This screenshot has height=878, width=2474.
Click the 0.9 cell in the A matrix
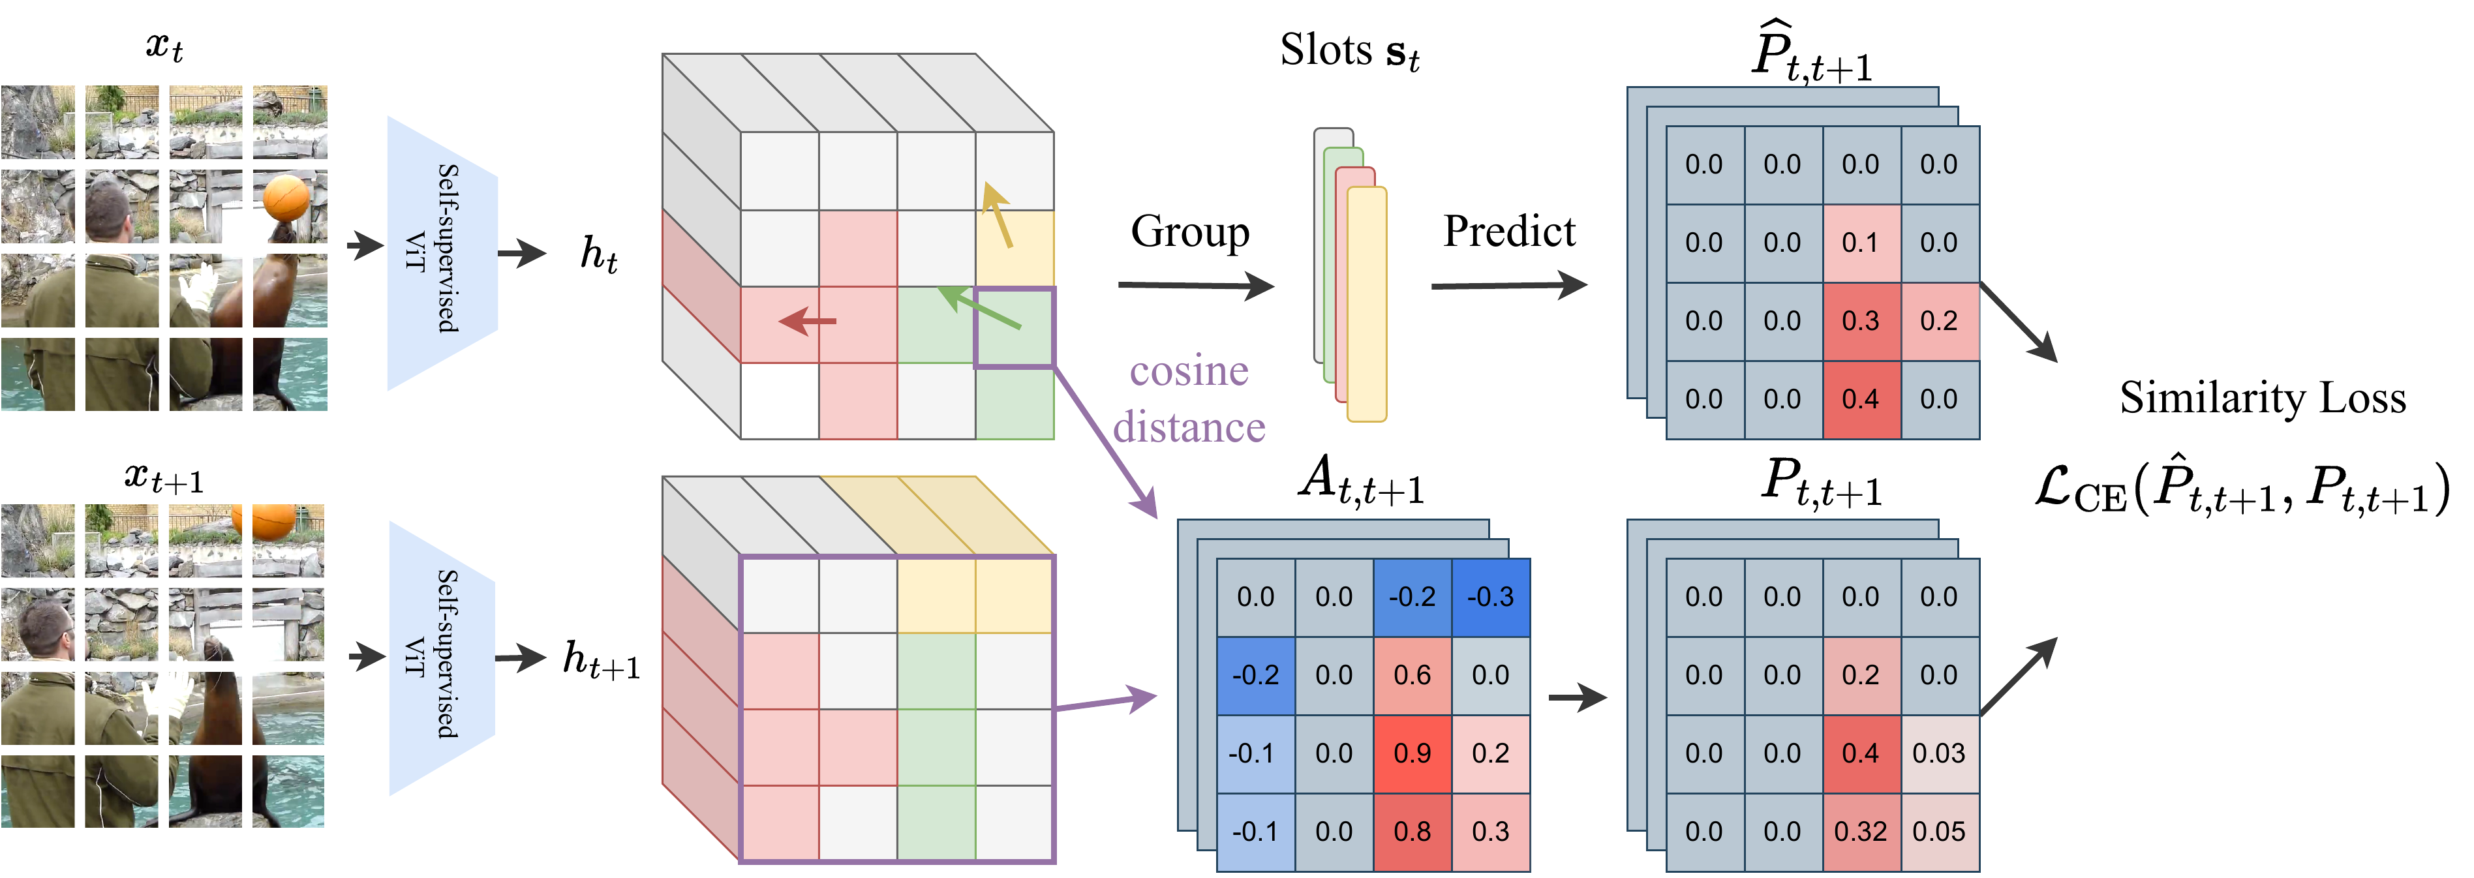[x=1412, y=754]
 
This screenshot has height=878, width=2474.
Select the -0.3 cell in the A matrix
[x=1491, y=598]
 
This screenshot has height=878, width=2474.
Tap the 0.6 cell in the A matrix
[x=1412, y=675]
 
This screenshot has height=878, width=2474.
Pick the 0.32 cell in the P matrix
[x=1860, y=832]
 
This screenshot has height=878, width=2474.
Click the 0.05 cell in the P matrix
[x=1939, y=832]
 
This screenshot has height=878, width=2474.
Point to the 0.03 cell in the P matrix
[x=1939, y=754]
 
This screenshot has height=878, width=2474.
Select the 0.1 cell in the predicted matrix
[x=1860, y=243]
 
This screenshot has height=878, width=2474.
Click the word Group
[x=1190, y=232]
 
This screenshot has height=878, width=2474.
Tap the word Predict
[x=1509, y=232]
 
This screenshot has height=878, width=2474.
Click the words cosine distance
[x=1189, y=399]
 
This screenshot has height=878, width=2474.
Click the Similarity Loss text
[x=2263, y=398]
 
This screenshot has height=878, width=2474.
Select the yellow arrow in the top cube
[x=997, y=215]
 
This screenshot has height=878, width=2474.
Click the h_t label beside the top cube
[x=598, y=254]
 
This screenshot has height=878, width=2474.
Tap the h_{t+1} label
[x=600, y=660]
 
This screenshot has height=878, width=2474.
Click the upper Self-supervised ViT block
[x=442, y=252]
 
